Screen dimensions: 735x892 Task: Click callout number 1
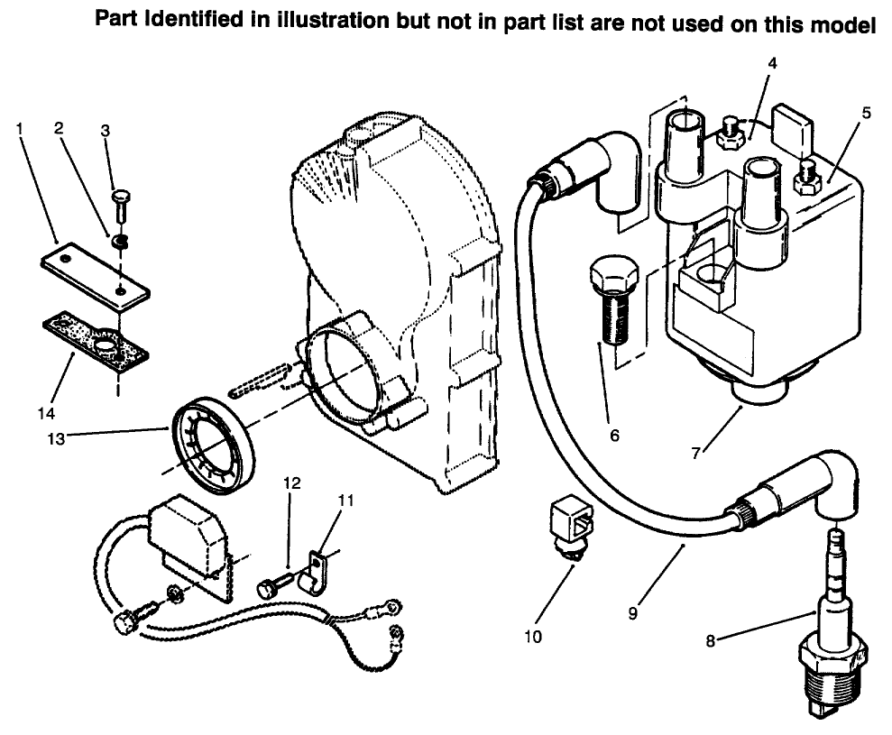(19, 129)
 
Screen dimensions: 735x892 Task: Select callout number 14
(47, 413)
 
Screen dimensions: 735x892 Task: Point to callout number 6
(614, 435)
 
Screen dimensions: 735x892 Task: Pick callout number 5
(866, 114)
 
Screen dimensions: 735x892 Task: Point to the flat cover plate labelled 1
(95, 275)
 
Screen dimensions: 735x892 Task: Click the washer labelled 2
(120, 241)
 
